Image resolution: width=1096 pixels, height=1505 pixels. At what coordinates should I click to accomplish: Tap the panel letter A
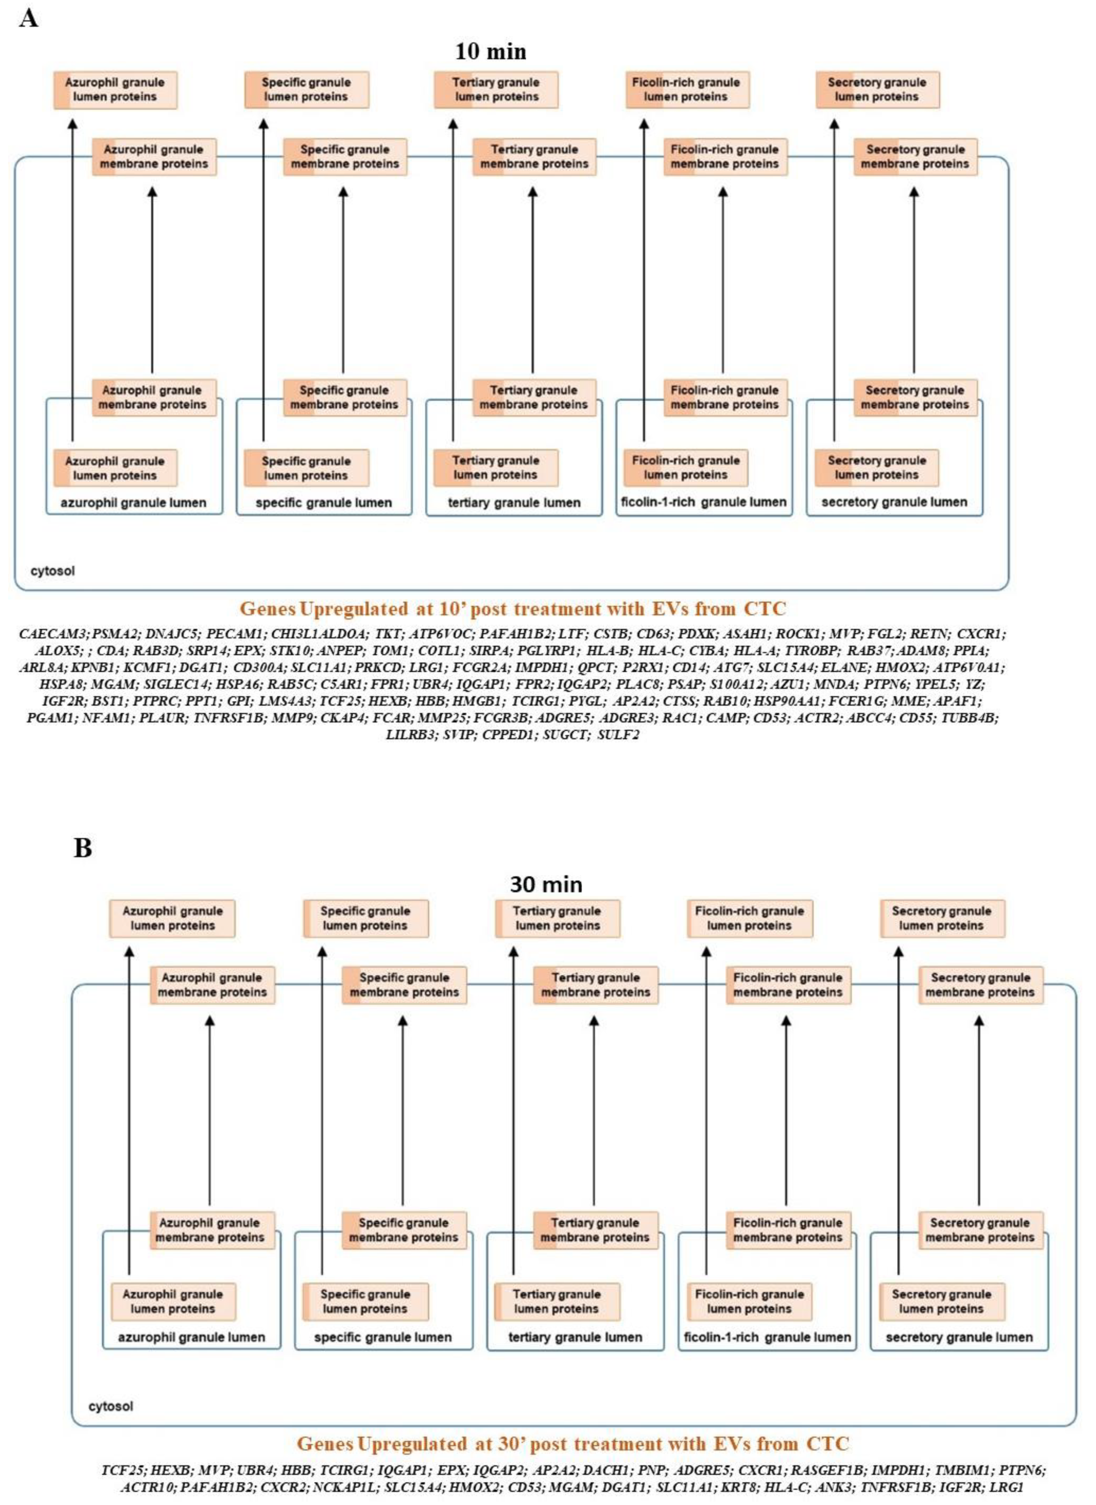click(28, 18)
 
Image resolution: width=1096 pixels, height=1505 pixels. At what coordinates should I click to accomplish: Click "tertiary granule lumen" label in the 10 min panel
click(514, 502)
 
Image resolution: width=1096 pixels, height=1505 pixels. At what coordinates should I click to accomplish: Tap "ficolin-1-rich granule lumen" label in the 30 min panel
click(767, 1337)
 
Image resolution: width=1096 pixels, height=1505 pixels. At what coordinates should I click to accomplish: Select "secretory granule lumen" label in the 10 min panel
click(894, 502)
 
